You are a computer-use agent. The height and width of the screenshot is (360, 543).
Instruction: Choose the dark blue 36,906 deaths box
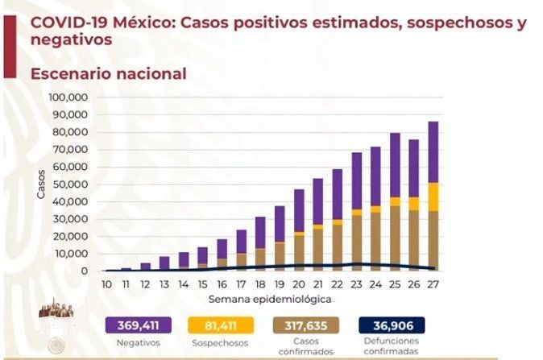click(x=392, y=326)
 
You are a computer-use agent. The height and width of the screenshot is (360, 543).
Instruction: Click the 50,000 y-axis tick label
click(x=70, y=184)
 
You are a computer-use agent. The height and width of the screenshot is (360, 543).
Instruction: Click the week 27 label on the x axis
click(x=433, y=285)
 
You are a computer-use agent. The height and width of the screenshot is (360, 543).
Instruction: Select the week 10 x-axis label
click(x=107, y=285)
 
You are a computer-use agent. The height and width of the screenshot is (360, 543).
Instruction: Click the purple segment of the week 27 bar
click(x=433, y=151)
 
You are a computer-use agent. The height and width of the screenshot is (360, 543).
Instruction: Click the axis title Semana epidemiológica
click(x=269, y=300)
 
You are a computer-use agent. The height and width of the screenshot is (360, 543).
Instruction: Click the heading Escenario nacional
click(x=108, y=74)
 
